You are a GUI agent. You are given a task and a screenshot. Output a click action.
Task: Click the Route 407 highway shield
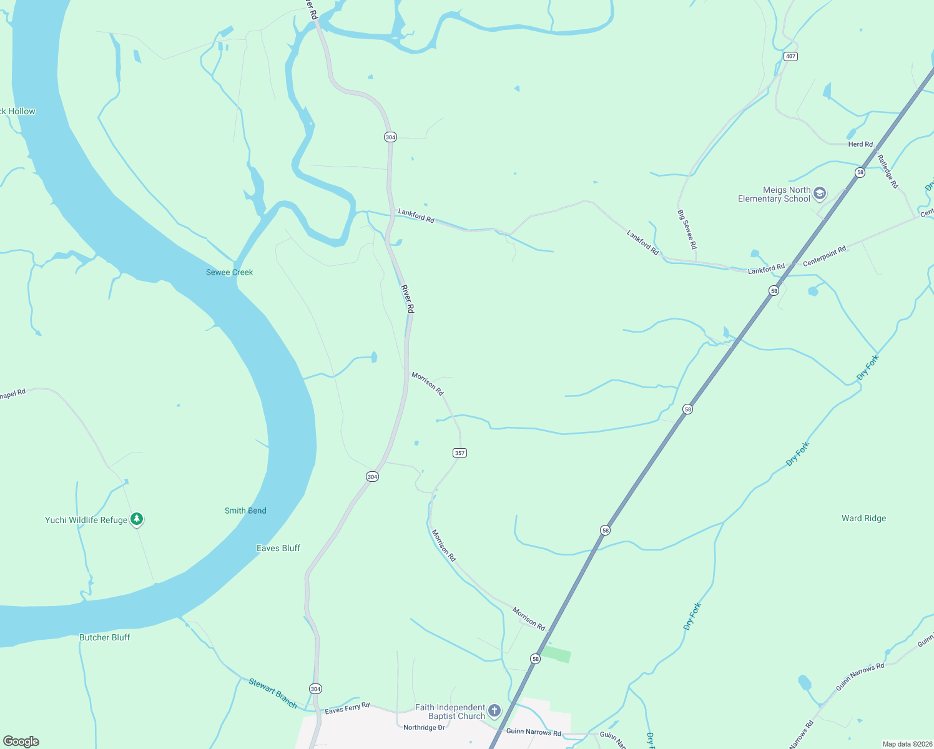(790, 56)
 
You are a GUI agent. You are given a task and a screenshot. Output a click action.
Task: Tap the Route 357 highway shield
(460, 453)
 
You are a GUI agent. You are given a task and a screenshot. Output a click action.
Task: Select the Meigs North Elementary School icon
(820, 193)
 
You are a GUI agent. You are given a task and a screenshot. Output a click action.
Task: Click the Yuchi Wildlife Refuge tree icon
(137, 519)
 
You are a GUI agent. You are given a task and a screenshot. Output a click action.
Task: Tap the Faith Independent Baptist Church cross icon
(494, 710)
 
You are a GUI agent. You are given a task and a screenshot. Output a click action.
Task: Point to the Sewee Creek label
(229, 272)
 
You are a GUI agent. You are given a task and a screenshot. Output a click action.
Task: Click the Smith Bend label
(245, 511)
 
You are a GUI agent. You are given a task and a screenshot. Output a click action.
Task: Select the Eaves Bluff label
(278, 548)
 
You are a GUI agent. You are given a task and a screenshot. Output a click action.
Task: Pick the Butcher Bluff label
(105, 637)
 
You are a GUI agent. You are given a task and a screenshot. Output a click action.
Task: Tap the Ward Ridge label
(863, 518)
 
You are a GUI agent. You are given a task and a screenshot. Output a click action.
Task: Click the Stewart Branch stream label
(273, 693)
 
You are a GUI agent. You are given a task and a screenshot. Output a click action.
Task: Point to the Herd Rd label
(860, 144)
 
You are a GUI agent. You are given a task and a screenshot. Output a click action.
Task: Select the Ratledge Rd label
(887, 172)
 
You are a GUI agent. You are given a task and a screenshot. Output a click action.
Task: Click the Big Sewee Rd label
(687, 230)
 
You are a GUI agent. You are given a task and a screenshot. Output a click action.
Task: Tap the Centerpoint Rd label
(824, 256)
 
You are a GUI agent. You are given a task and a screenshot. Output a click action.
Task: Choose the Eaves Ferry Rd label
(347, 708)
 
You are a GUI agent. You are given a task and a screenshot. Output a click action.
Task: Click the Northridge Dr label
(424, 728)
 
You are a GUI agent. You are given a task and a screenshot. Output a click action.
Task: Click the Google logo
(21, 742)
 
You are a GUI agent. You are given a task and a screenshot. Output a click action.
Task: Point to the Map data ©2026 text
(907, 744)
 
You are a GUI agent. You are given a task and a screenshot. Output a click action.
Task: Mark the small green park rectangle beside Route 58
(556, 654)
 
